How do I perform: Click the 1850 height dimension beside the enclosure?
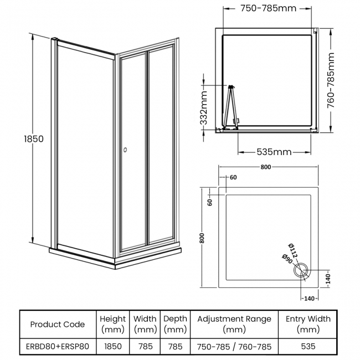[34, 139]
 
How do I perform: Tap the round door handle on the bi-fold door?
[125, 150]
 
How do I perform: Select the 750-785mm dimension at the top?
[268, 8]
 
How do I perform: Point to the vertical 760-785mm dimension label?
[331, 80]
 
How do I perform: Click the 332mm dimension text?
[204, 108]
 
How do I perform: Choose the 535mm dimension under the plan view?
[274, 152]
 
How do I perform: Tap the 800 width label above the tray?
[266, 167]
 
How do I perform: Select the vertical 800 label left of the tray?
[202, 238]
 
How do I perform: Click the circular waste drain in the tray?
[301, 270]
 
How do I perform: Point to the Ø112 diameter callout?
[293, 250]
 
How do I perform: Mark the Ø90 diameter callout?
[287, 259]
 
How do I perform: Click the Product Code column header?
[58, 325]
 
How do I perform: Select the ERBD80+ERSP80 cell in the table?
[58, 346]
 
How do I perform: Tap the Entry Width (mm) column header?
[308, 324]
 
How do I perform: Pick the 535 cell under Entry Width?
[308, 346]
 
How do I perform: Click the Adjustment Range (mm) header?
[234, 324]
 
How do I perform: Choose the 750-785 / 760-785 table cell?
[234, 347]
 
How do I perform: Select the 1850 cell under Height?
[113, 346]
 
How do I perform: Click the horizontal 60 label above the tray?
[233, 177]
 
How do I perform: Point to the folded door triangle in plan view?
[231, 107]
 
